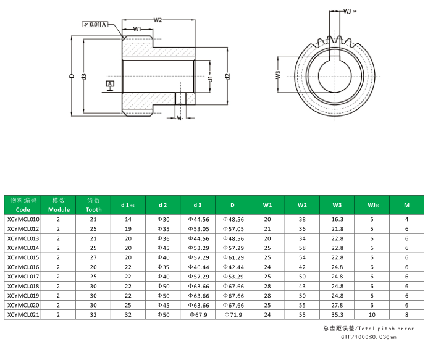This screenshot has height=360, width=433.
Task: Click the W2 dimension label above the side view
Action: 158,20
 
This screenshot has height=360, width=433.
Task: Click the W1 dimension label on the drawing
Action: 137,29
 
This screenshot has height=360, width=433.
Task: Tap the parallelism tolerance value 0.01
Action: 95,25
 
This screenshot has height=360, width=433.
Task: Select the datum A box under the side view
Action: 110,83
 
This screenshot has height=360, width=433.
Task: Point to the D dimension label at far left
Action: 72,77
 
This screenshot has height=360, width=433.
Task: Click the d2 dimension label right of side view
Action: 228,77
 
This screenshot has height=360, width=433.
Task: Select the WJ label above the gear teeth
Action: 348,10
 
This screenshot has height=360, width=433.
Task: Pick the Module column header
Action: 59,205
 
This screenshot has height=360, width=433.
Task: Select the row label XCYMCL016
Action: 23,267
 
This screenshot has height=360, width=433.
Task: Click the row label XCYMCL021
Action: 23,314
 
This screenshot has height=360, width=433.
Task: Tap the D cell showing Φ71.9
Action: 233,314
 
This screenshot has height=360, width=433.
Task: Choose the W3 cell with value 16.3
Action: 337,219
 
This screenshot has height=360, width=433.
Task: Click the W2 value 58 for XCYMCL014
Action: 302,248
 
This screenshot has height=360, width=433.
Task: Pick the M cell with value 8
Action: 406,314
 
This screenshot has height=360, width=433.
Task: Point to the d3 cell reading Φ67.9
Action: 198,314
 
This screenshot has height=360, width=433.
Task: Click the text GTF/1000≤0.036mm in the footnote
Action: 368,338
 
